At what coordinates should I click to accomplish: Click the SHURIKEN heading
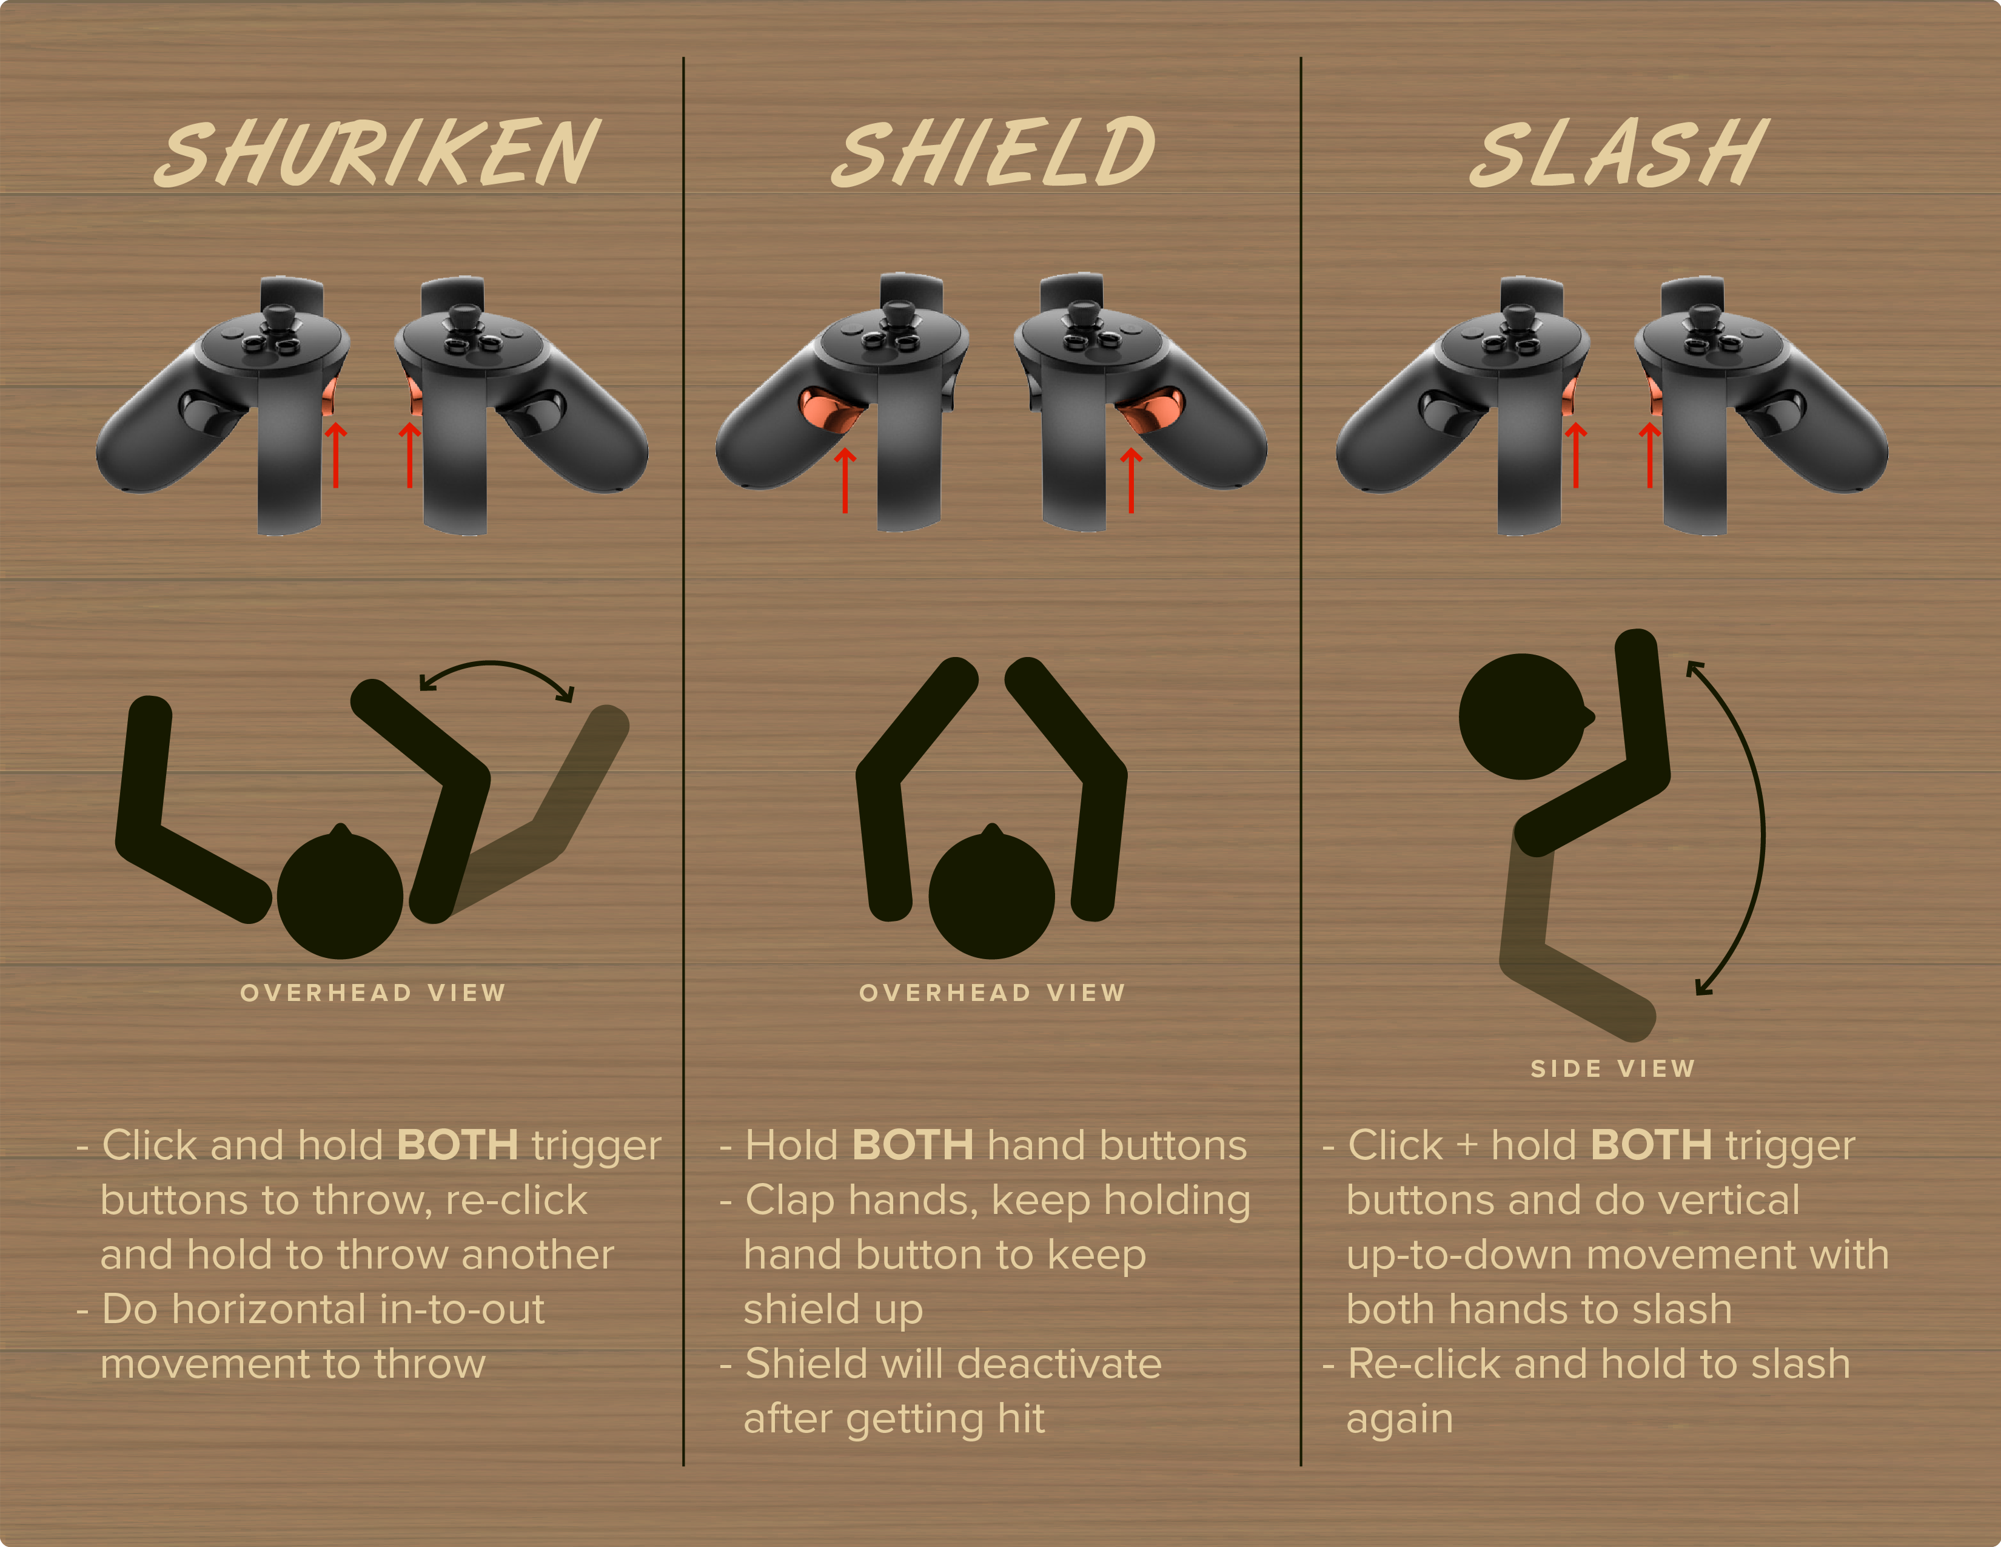[x=377, y=153]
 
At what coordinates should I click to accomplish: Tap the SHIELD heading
[x=993, y=152]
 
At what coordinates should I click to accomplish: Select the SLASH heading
[x=1618, y=153]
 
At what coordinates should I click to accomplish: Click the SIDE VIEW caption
[x=1612, y=1068]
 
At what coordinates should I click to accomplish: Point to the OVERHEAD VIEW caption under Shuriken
[x=373, y=993]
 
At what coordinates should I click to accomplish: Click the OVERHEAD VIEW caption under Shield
[x=992, y=993]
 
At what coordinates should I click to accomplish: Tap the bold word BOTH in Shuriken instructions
[x=457, y=1145]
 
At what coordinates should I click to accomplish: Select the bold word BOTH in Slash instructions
[x=1651, y=1145]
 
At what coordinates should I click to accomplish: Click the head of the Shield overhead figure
[x=991, y=894]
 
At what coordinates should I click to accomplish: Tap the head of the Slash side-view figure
[x=1524, y=716]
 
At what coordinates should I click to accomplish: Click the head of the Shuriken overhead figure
[x=340, y=894]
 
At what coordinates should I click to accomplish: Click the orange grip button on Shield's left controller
[x=831, y=409]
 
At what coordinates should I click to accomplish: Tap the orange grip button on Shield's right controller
[x=1151, y=409]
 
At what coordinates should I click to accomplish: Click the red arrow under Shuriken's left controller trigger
[x=337, y=454]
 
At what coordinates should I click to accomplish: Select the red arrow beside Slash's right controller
[x=1649, y=454]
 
